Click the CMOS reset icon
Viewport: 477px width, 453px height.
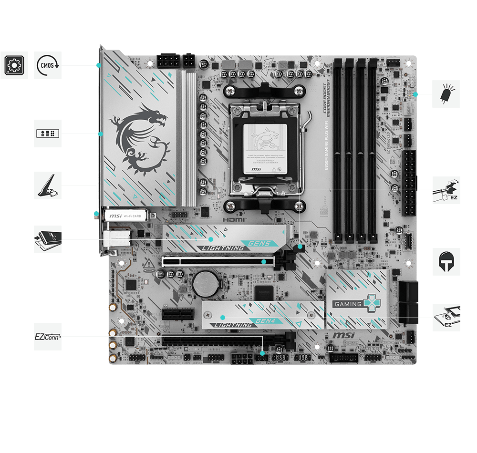48,65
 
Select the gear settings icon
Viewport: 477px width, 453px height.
14,65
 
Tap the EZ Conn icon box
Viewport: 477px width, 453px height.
48,337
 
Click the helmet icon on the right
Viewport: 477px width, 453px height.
446,261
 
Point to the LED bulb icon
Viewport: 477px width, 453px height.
446,94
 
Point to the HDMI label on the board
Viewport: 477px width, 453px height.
234,220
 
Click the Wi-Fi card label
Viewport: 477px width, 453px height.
125,216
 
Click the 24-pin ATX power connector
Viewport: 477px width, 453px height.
409,183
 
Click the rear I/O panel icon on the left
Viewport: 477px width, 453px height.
48,134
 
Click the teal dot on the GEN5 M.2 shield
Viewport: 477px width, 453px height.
211,238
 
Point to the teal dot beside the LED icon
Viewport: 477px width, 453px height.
415,94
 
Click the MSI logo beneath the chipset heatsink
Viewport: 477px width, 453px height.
343,336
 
